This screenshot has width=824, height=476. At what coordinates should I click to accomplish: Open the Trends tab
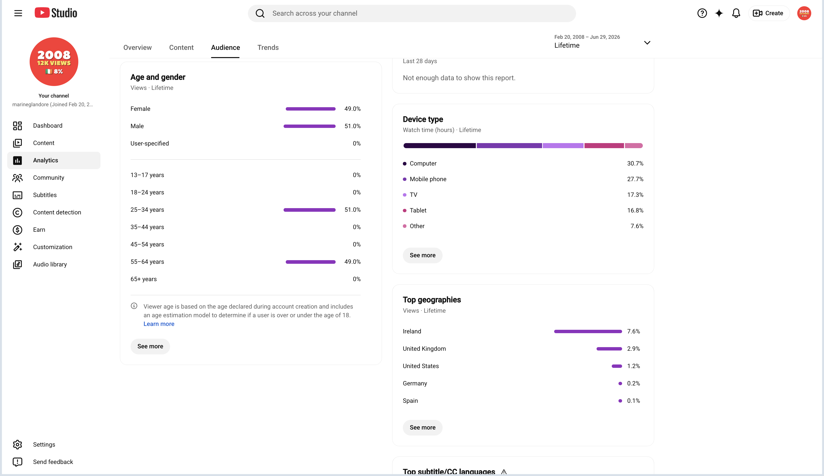coord(268,47)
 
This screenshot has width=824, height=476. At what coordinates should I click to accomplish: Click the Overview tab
coord(137,47)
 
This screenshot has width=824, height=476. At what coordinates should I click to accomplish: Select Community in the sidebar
coord(48,178)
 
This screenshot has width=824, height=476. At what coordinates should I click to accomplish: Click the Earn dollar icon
coord(17,230)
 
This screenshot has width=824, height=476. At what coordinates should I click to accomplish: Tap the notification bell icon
coord(736,13)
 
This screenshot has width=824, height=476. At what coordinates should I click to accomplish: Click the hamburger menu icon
coord(18,13)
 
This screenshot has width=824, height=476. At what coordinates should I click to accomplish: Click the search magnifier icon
coord(260,13)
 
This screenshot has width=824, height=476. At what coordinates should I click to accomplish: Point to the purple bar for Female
coord(310,109)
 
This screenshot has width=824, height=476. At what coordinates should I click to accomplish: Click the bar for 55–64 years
coord(310,262)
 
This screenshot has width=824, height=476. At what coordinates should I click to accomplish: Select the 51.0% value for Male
coord(352,126)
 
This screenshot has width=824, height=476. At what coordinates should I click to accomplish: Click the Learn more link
coord(159,324)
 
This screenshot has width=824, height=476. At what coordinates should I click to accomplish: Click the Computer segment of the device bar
coord(439,145)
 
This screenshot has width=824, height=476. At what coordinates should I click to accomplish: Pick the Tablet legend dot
coord(405,211)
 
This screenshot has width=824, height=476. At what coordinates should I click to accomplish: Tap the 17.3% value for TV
coord(635,195)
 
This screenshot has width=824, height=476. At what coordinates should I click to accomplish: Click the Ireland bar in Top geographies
coord(588,331)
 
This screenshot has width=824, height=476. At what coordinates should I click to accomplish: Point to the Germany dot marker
coord(620,383)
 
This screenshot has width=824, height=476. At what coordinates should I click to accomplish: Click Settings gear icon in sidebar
coord(17,445)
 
